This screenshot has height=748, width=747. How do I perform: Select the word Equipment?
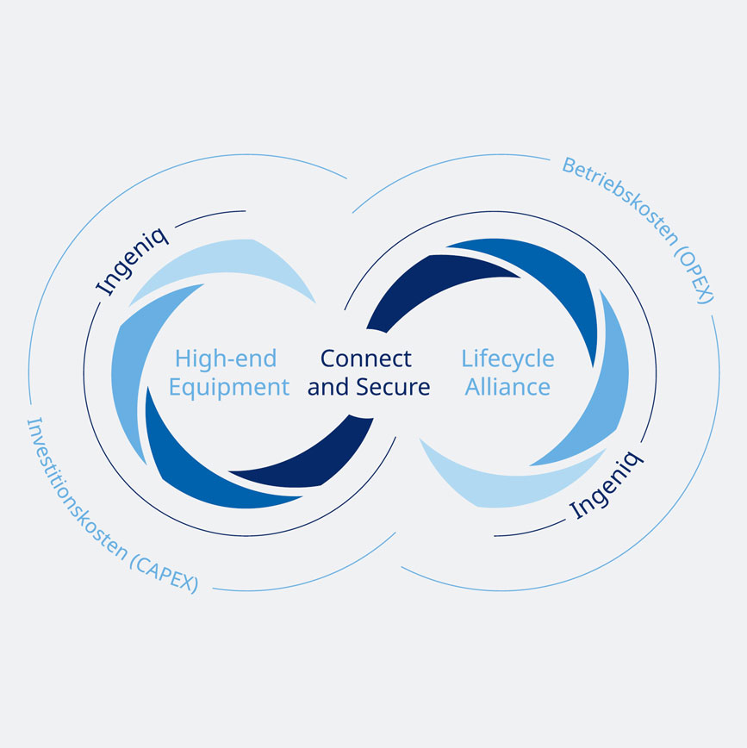228,387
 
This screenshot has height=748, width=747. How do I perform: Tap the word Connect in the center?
365,358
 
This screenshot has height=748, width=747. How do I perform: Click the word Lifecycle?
507,358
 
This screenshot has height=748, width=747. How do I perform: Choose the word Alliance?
507,387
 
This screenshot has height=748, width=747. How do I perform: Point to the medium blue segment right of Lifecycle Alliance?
607,379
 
